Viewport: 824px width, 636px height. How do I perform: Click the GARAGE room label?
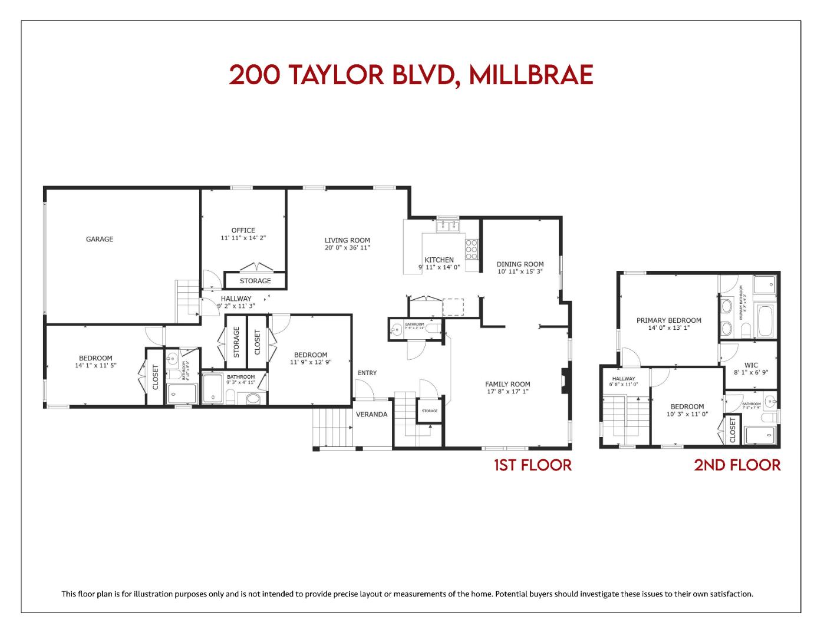point(100,239)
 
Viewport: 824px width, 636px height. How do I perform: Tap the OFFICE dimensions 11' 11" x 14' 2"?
point(243,238)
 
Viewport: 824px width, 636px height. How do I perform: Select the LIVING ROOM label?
point(347,240)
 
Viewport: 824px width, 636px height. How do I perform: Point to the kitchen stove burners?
point(472,249)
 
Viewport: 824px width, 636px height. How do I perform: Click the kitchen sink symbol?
point(448,226)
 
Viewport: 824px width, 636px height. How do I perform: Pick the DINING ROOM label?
point(520,264)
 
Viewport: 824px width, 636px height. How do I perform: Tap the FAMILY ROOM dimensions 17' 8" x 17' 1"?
point(508,392)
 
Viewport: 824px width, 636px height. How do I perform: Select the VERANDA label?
point(372,415)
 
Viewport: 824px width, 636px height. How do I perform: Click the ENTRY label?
point(367,373)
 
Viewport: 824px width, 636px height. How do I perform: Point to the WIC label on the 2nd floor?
point(751,365)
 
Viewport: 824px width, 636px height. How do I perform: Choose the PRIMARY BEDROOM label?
point(669,320)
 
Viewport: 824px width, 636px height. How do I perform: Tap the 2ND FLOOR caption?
point(737,465)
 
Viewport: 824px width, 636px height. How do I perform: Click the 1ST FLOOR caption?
point(533,465)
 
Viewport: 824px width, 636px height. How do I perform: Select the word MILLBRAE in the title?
point(531,75)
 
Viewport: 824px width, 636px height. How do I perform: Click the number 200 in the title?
point(254,75)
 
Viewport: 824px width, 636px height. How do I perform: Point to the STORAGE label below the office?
point(255,281)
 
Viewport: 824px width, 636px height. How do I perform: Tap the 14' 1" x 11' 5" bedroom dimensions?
point(95,365)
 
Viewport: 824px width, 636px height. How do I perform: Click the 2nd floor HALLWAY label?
point(624,379)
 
